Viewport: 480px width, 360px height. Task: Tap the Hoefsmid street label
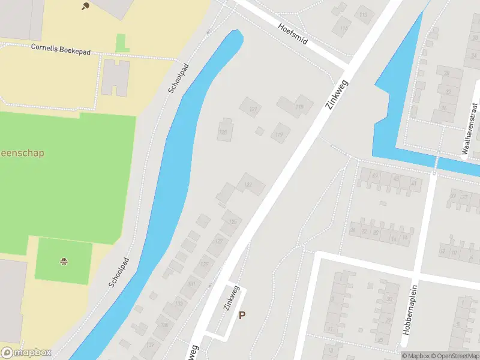(293, 35)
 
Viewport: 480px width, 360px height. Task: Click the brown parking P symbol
(242, 315)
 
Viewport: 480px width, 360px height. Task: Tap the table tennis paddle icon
(85, 7)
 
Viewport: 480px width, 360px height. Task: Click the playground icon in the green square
(64, 261)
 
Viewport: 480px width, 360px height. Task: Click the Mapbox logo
(26, 353)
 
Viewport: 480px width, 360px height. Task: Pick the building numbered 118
(299, 107)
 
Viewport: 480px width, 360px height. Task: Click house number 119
(280, 134)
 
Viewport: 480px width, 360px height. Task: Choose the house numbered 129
(205, 265)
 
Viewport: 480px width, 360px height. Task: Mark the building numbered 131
(191, 284)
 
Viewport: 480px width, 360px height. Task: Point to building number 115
(363, 15)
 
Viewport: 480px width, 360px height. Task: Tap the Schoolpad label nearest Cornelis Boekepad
(178, 79)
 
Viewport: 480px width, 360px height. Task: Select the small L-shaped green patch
(122, 43)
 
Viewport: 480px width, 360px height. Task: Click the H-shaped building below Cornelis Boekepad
(114, 77)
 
